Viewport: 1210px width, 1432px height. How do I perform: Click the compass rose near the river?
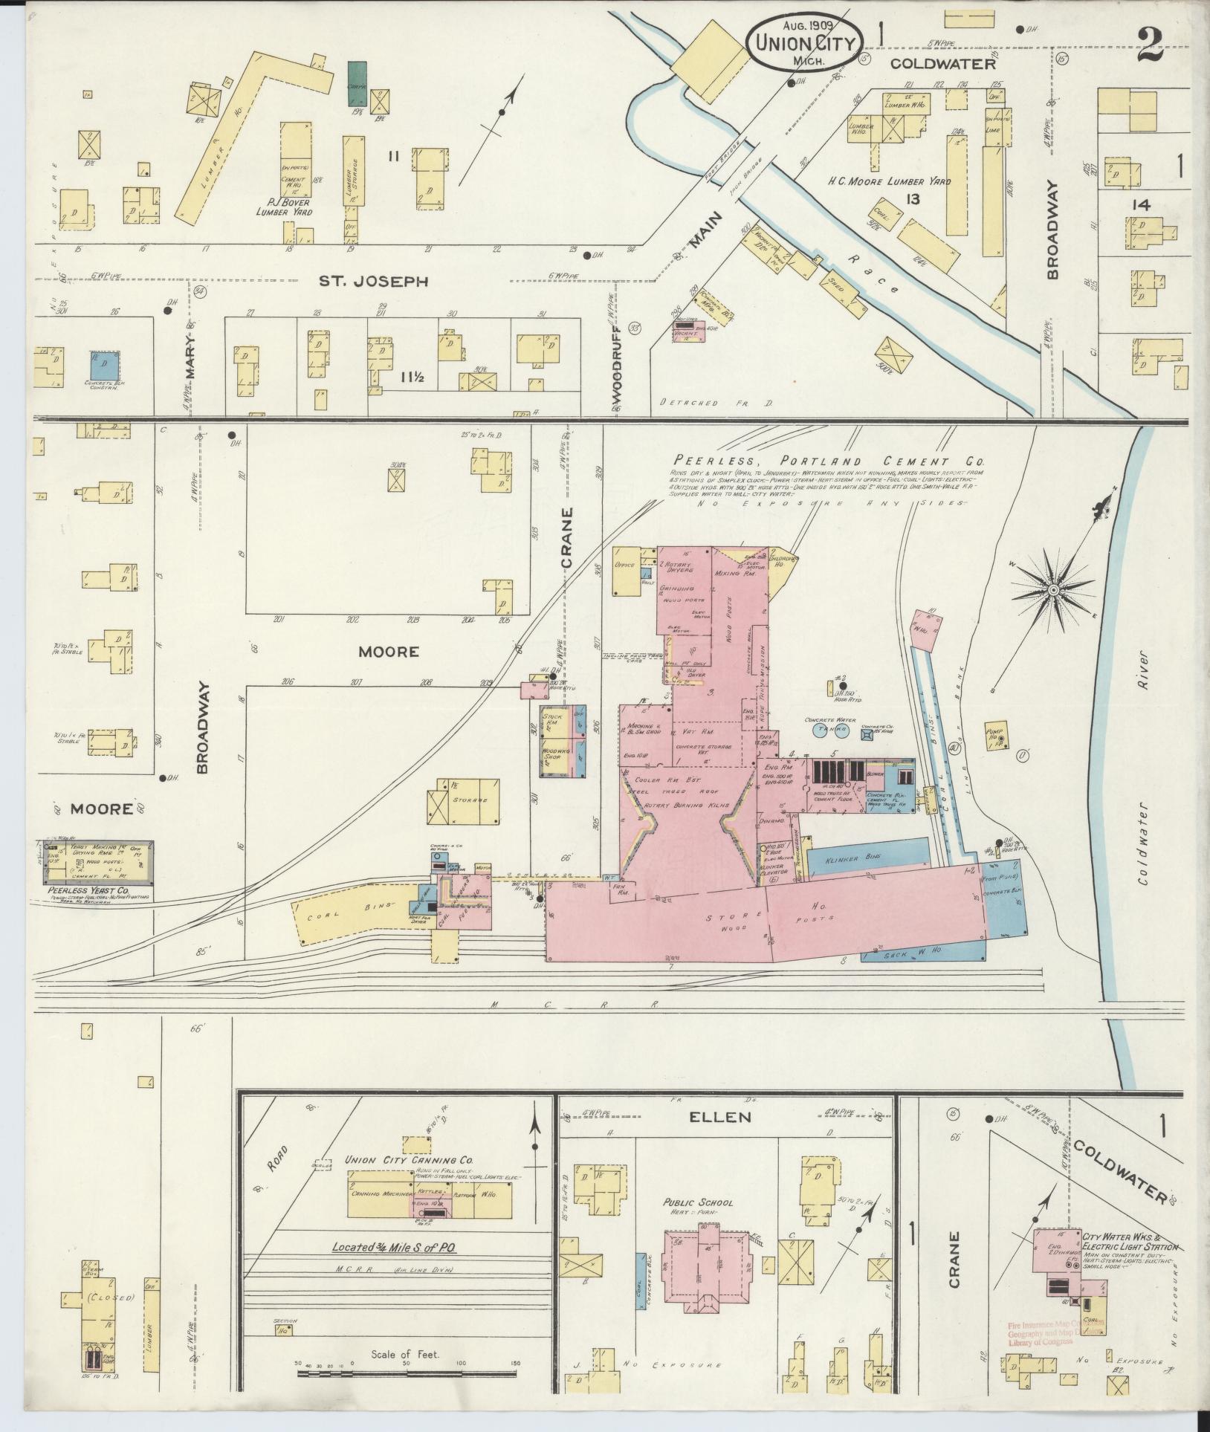[x=1052, y=591]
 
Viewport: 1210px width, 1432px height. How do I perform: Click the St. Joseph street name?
[x=374, y=281]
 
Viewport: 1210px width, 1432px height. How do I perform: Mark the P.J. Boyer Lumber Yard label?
[x=282, y=207]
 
